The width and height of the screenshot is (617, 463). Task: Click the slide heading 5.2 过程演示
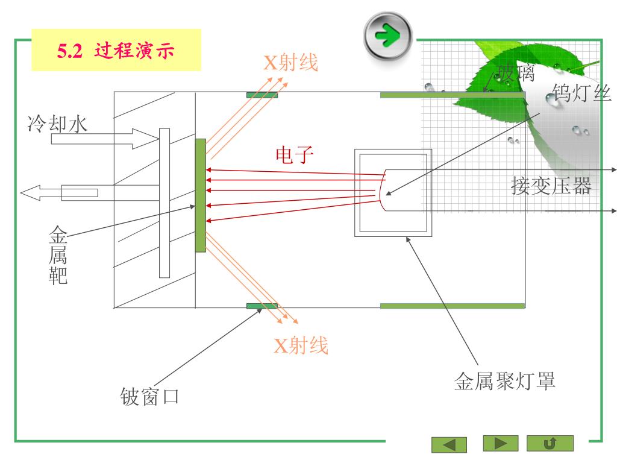click(116, 51)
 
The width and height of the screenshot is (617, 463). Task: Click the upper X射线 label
click(290, 62)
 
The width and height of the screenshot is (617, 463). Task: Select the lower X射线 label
click(301, 345)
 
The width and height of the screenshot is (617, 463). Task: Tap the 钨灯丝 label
click(582, 93)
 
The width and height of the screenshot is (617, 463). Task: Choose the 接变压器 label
click(551, 186)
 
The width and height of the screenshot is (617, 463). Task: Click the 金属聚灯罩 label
click(504, 380)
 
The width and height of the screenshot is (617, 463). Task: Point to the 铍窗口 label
click(149, 397)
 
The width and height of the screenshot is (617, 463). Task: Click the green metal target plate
click(201, 195)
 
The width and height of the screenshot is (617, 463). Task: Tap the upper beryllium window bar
click(262, 95)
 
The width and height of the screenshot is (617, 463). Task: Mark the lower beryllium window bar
click(262, 306)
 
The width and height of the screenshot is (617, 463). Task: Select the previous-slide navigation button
click(449, 444)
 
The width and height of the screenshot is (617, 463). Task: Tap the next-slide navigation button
click(500, 443)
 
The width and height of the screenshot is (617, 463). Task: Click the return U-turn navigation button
click(550, 443)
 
